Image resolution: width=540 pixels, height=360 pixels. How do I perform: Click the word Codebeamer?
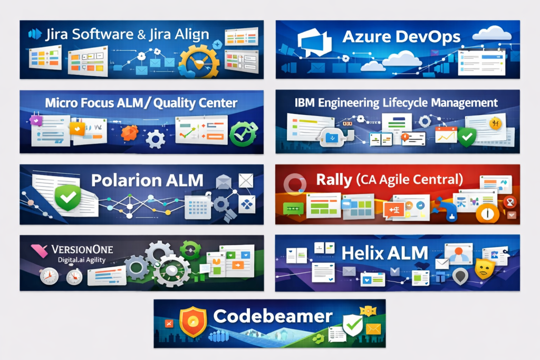273,316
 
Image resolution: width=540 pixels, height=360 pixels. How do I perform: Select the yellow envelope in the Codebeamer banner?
373,329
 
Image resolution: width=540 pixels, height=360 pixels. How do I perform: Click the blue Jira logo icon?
35,34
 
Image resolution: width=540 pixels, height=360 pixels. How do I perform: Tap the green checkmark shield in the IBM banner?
466,138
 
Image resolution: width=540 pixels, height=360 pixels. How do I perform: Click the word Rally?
333,180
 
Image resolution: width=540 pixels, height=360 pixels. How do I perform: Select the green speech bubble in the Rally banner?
293,209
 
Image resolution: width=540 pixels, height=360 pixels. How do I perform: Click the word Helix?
364,253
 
